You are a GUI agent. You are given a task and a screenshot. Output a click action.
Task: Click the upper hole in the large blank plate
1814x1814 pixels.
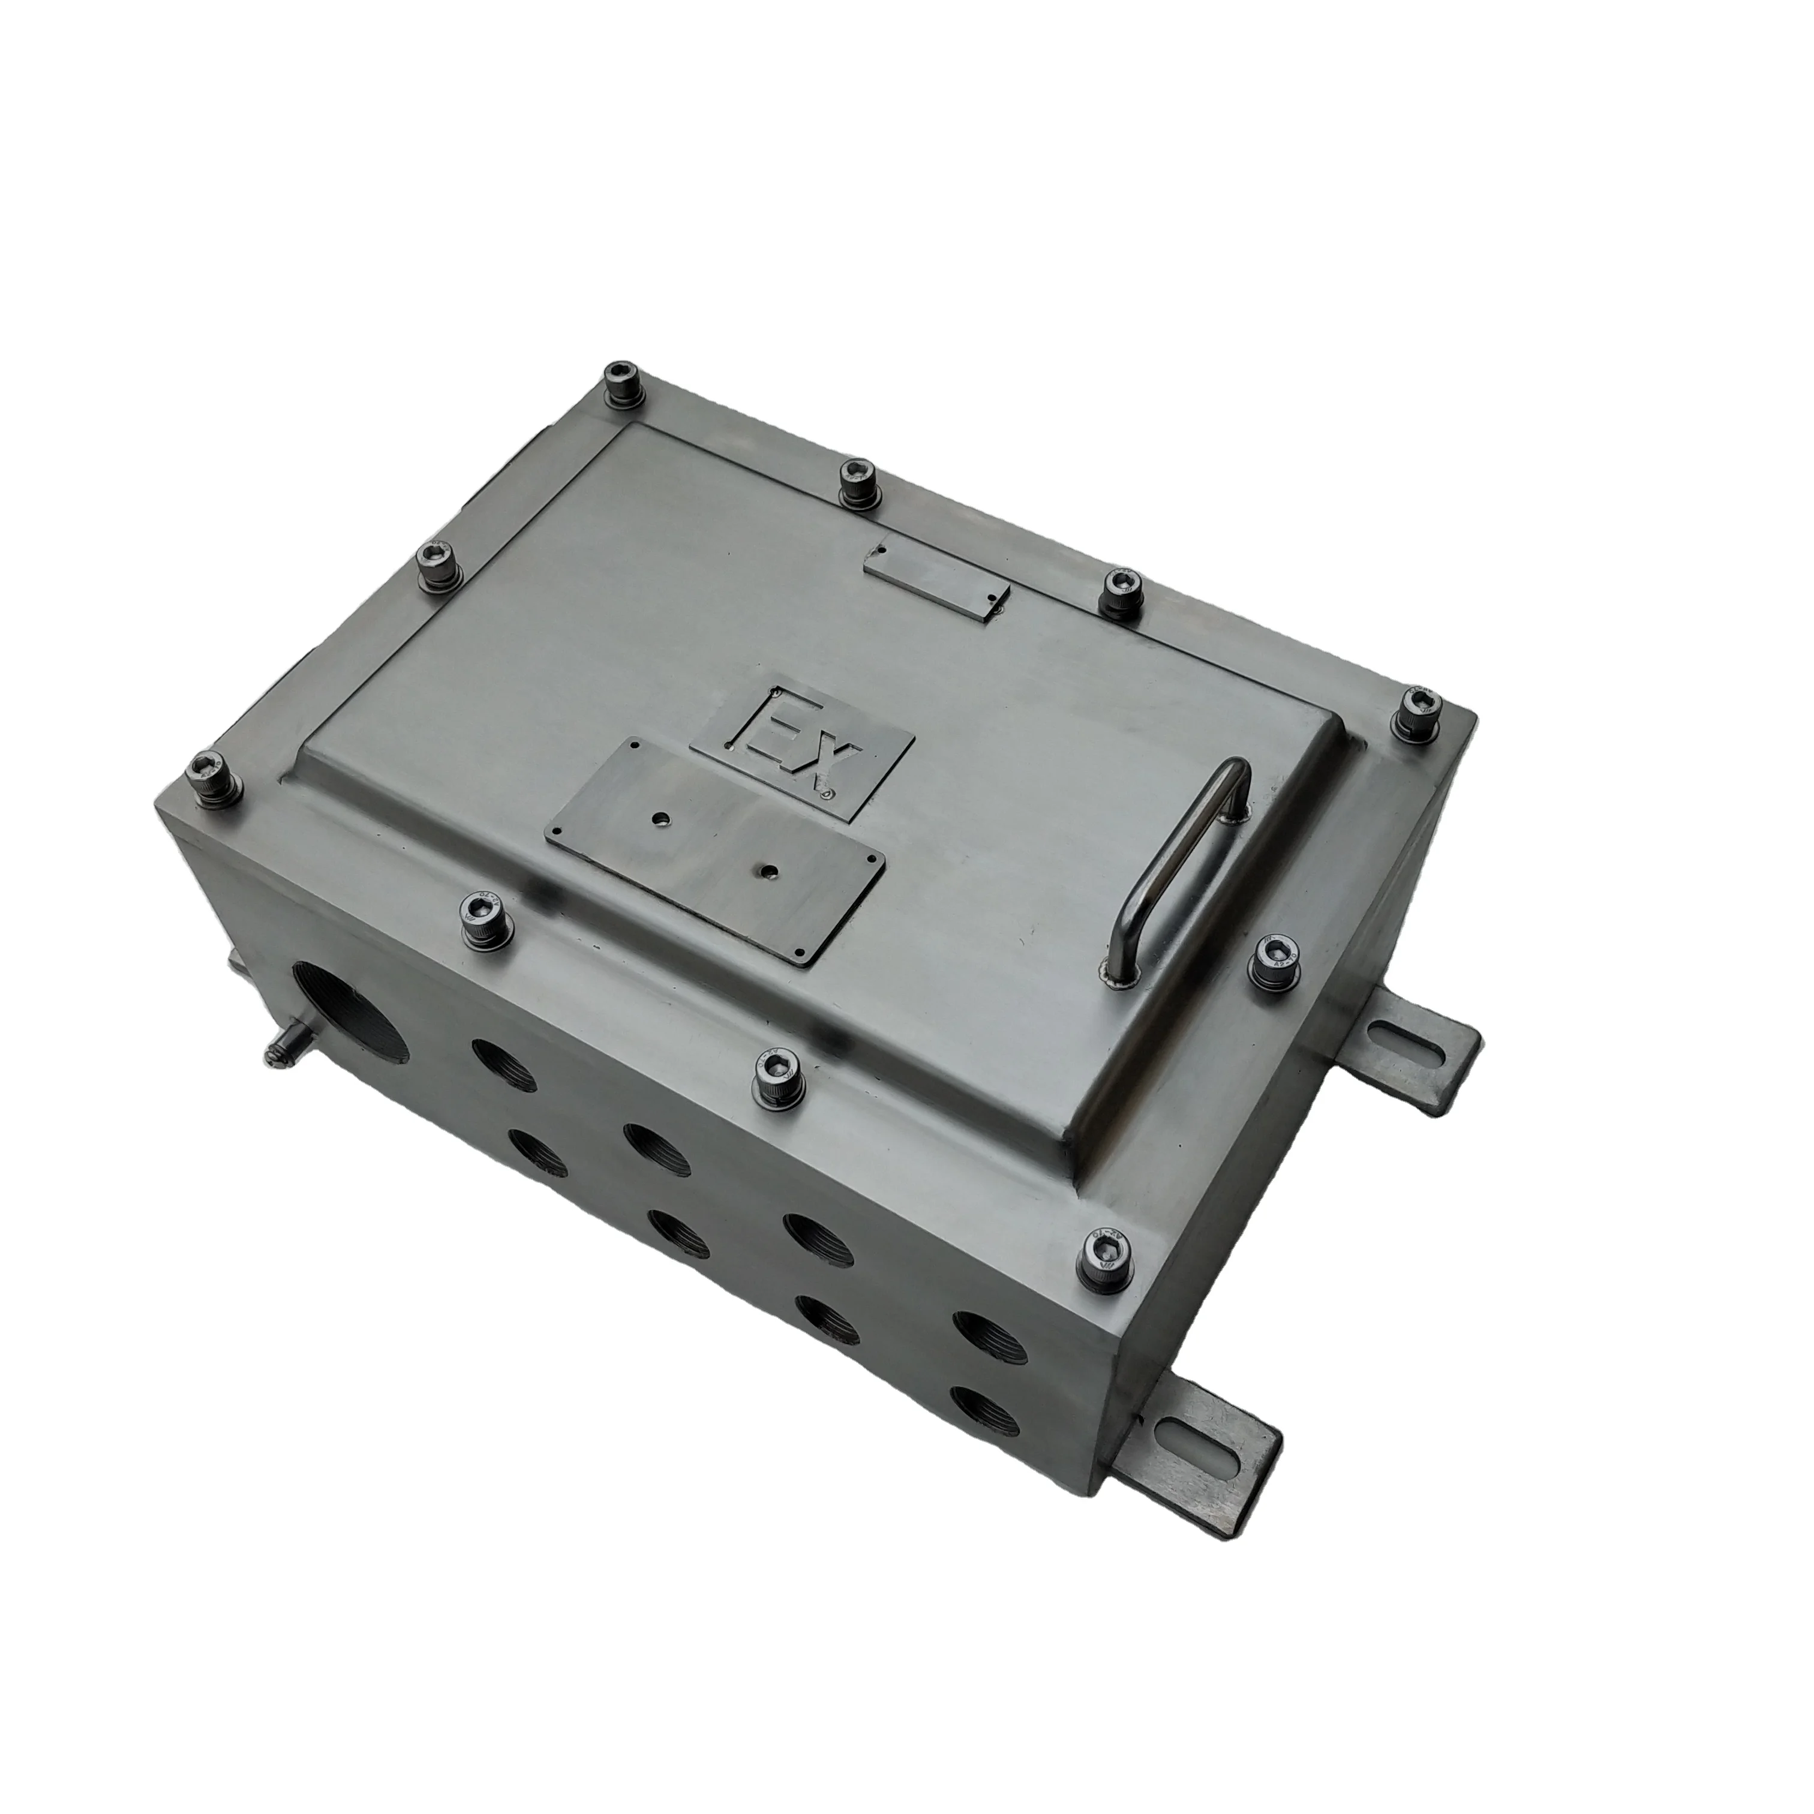(x=665, y=818)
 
